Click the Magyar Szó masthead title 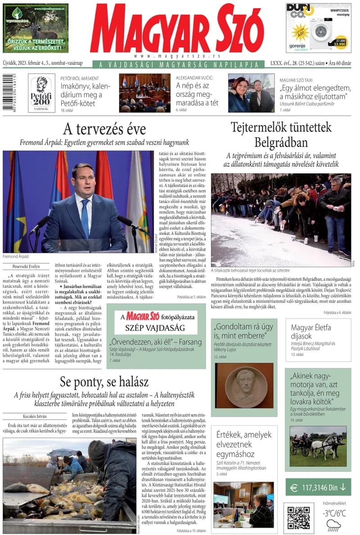(x=177, y=30)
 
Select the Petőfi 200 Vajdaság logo (x=41, y=93)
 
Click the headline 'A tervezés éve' (x=104, y=129)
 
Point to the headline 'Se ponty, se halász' (x=104, y=382)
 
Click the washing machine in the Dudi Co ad (x=320, y=31)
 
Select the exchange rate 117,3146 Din (x=319, y=487)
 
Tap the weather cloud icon (x=333, y=525)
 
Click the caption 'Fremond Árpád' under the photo (x=15, y=256)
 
